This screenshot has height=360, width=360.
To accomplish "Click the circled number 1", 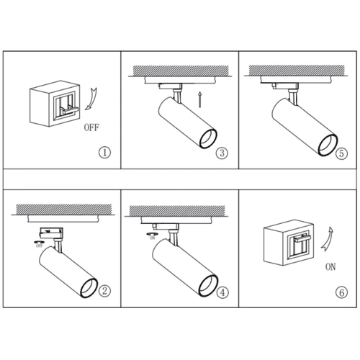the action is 104,153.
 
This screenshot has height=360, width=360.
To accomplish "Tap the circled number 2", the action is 104,291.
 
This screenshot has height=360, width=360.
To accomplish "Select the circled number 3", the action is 222,153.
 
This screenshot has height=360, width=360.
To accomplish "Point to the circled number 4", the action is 222,292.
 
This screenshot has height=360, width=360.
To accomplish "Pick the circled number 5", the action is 341,153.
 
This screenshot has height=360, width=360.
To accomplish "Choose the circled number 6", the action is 341,292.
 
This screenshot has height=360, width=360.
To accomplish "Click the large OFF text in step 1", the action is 91,127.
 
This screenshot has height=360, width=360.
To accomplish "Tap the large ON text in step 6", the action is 330,266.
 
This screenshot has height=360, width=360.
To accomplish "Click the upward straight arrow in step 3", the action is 199,99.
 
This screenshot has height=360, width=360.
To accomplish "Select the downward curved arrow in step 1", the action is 91,99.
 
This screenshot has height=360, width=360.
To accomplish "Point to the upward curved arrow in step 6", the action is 328,240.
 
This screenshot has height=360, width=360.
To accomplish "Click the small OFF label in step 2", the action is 40,246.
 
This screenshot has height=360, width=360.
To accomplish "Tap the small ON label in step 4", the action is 153,238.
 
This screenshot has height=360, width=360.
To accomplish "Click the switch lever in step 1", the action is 70,110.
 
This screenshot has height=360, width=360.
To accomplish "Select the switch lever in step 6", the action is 302,238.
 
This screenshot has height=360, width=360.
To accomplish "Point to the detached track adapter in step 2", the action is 51,233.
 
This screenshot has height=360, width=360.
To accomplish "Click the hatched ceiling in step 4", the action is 177,211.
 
